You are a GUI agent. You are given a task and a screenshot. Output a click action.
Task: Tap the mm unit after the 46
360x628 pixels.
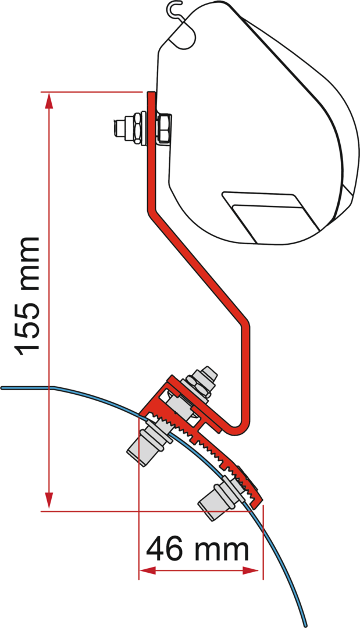(x=222, y=549)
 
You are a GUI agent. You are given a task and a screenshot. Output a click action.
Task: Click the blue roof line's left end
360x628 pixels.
(x=5, y=386)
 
